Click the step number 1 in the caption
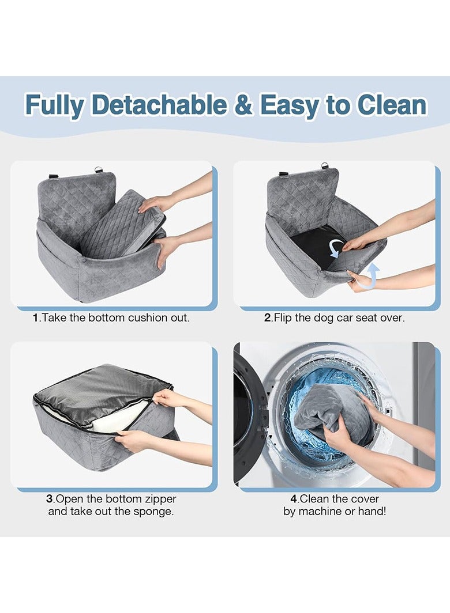(36, 318)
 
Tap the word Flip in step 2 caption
(284, 318)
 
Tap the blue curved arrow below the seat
(373, 275)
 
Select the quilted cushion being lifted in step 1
(121, 222)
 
